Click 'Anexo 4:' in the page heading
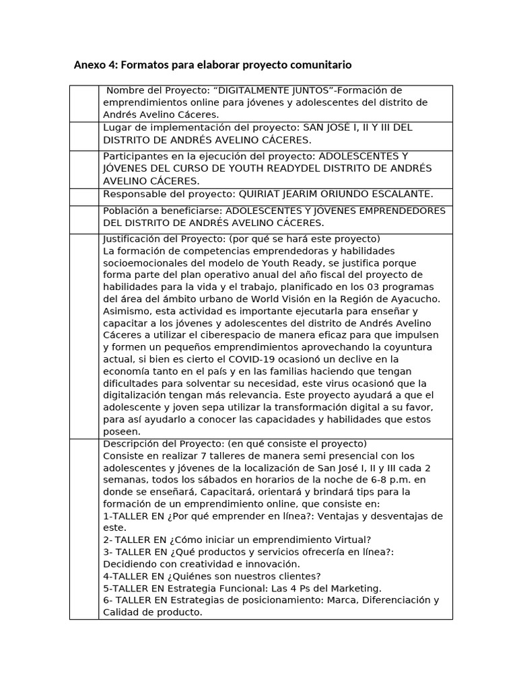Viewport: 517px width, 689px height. tap(94, 65)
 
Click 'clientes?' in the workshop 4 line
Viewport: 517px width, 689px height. tap(298, 576)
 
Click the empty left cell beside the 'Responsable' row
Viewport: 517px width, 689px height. tap(84, 196)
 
